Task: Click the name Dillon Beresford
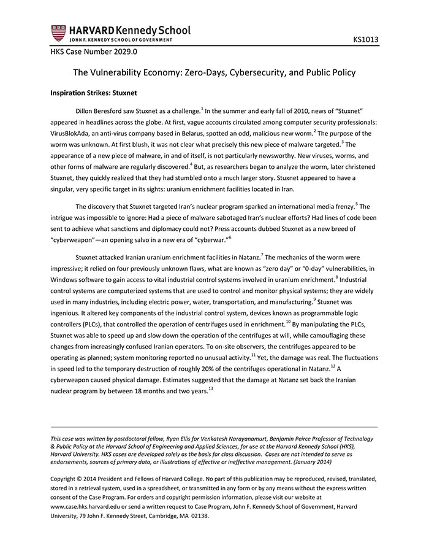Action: tap(101, 111)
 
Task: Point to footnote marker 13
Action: tap(211, 388)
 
